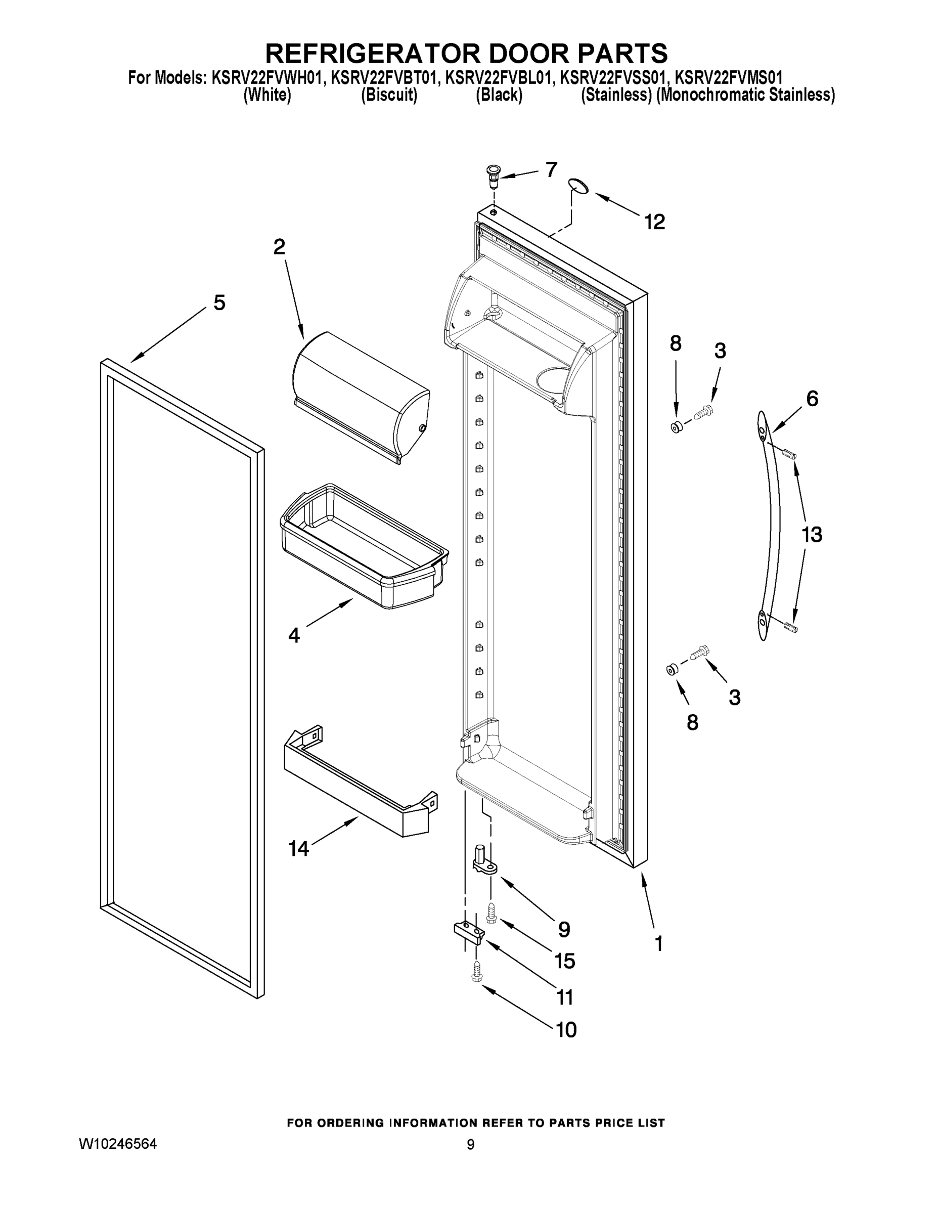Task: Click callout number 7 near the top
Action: pos(551,169)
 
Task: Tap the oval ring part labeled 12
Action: pos(579,186)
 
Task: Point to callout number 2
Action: pos(279,246)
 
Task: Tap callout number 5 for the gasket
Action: pos(219,303)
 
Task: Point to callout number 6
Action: pos(812,398)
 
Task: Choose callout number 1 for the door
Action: pos(658,943)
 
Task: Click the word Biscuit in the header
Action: pos(389,95)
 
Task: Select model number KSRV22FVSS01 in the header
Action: pos(612,77)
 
